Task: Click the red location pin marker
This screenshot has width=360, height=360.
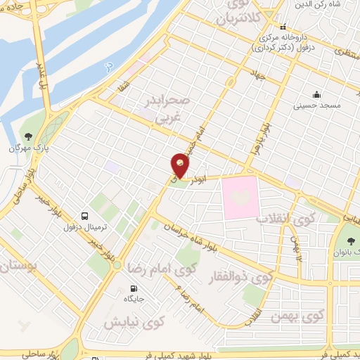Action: [x=181, y=166]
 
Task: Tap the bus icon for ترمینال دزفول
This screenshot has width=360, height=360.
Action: [x=84, y=216]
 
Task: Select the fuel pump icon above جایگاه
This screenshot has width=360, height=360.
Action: [x=134, y=288]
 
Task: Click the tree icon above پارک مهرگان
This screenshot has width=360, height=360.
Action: [x=28, y=136]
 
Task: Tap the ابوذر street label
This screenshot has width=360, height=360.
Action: [x=204, y=179]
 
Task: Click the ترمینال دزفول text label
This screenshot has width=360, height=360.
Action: [x=69, y=227]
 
